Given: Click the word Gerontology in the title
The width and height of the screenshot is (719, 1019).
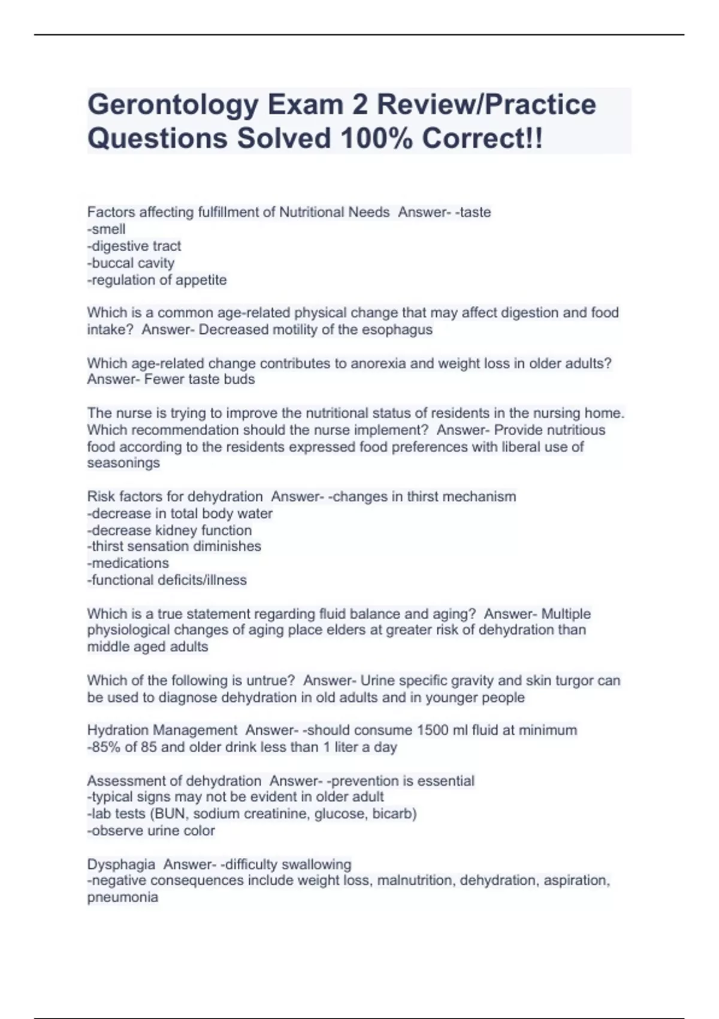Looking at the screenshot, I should pyautogui.click(x=172, y=105).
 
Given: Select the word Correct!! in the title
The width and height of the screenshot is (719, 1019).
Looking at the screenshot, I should pyautogui.click(x=482, y=138).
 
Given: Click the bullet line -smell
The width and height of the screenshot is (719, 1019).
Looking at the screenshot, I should pyautogui.click(x=107, y=229).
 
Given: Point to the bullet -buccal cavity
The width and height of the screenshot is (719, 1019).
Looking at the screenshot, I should pyautogui.click(x=131, y=263).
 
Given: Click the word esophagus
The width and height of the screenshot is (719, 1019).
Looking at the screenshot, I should pyautogui.click(x=397, y=330).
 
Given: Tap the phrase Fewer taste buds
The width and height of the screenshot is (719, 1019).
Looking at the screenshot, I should pyautogui.click(x=200, y=379).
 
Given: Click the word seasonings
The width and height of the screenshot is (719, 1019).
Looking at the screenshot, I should pyautogui.click(x=123, y=463).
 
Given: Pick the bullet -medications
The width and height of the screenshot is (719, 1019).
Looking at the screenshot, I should pyautogui.click(x=128, y=563).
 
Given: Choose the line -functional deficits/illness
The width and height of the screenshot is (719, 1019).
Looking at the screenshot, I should pyautogui.click(x=167, y=580).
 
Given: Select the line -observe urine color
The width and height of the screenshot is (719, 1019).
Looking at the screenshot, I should pyautogui.click(x=151, y=831).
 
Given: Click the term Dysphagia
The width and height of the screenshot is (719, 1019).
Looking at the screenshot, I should pyautogui.click(x=121, y=864).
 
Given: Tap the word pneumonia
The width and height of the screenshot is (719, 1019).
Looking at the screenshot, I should pyautogui.click(x=123, y=897).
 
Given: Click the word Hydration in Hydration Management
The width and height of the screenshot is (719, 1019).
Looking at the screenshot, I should pyautogui.click(x=118, y=730).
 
